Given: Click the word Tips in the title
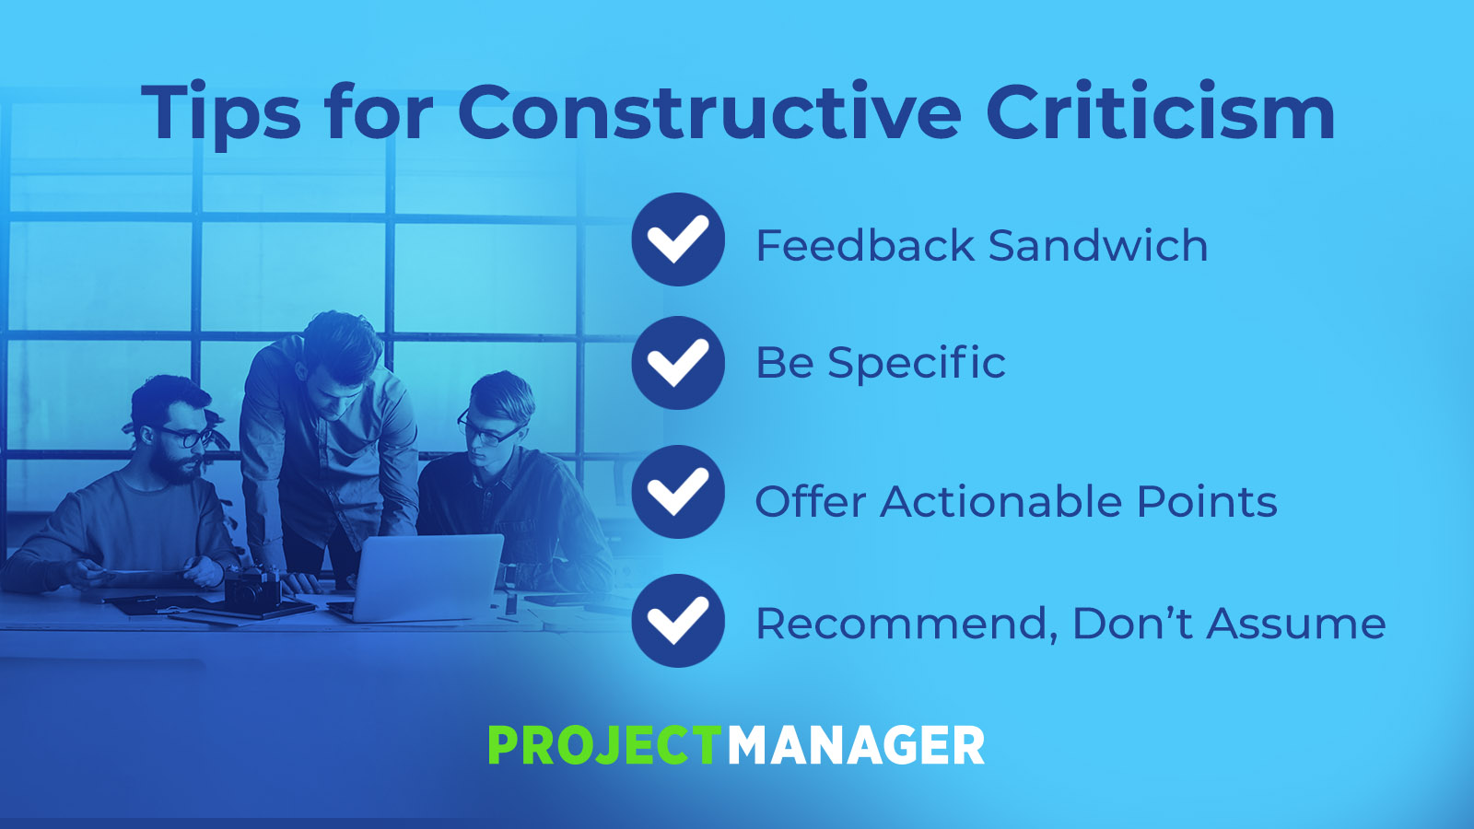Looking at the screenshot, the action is tap(221, 111).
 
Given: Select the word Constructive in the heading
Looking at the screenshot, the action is tap(709, 111).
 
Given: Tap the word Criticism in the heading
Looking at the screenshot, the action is tap(1160, 111).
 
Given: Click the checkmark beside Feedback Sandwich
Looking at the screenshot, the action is tap(678, 239).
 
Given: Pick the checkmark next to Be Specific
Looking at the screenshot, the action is tap(678, 363).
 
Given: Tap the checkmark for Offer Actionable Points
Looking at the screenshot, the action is tap(678, 492).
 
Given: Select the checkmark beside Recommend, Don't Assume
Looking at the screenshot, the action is tap(678, 621).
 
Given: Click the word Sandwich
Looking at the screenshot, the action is tap(1097, 245).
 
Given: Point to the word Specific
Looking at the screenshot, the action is tap(917, 363).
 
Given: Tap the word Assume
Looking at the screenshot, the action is tap(1296, 624).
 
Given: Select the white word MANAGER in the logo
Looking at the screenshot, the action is tap(856, 745).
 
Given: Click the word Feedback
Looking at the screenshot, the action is tap(865, 245).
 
